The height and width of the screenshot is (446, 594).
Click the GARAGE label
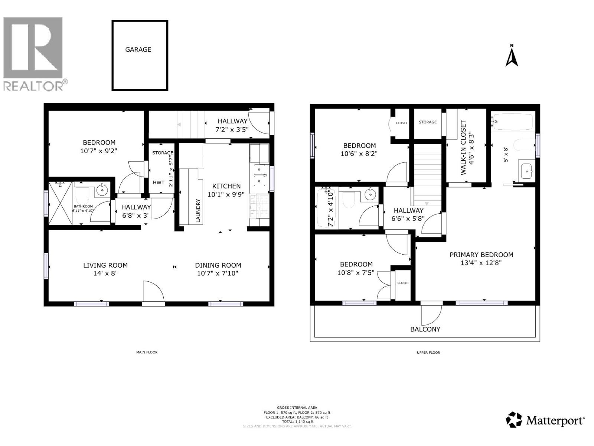(x=138, y=49)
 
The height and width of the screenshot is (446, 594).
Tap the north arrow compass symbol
(x=512, y=56)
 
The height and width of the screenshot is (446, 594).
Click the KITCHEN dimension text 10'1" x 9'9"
(x=226, y=194)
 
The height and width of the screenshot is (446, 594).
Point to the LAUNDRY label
(x=198, y=211)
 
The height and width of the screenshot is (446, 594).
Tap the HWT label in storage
(x=159, y=182)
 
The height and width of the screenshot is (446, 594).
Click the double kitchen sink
(x=260, y=175)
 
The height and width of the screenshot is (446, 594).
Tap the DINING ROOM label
(x=218, y=265)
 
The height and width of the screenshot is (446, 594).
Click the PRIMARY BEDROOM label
(x=481, y=255)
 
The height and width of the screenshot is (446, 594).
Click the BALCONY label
(x=425, y=329)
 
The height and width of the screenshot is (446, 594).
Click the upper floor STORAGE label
(x=427, y=122)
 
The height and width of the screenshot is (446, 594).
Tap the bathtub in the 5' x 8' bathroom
(x=512, y=122)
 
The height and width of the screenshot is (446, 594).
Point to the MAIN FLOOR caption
(x=147, y=352)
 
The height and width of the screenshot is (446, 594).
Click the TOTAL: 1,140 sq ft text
(x=297, y=421)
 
